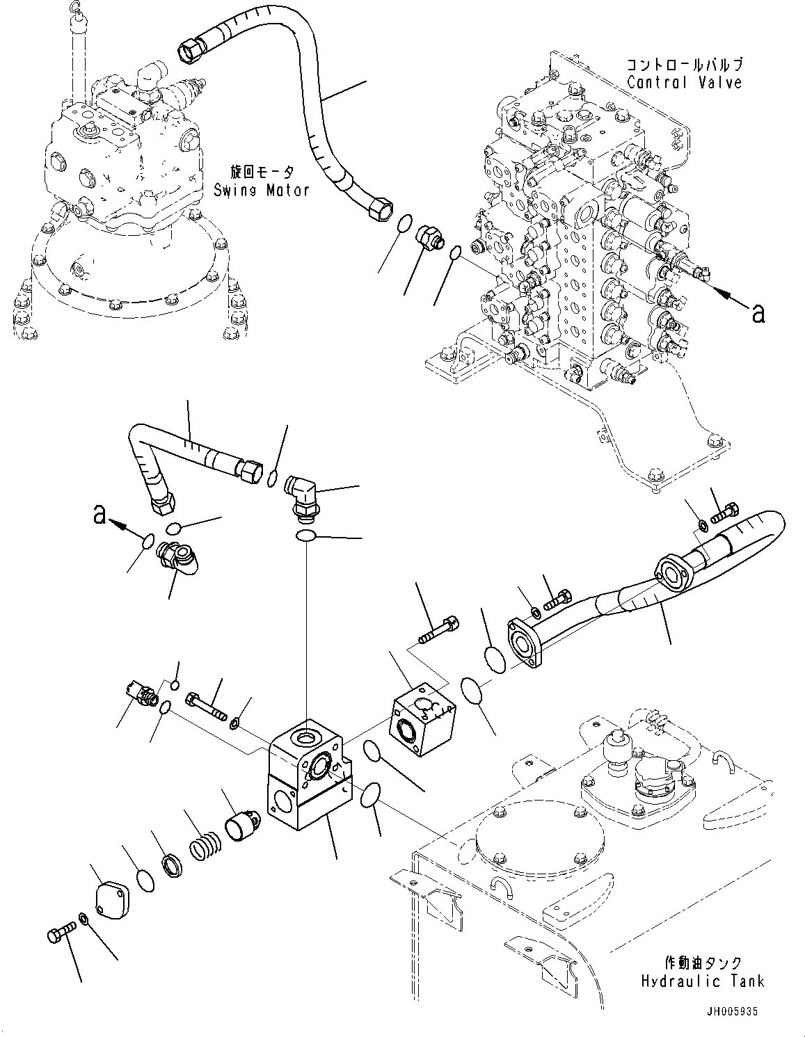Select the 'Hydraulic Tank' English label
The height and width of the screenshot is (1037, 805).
pyautogui.click(x=703, y=981)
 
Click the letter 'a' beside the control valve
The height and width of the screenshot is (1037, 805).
pyautogui.click(x=758, y=314)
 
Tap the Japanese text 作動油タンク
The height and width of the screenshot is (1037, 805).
pyautogui.click(x=703, y=963)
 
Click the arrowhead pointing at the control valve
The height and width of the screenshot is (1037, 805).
pyautogui.click(x=724, y=295)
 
